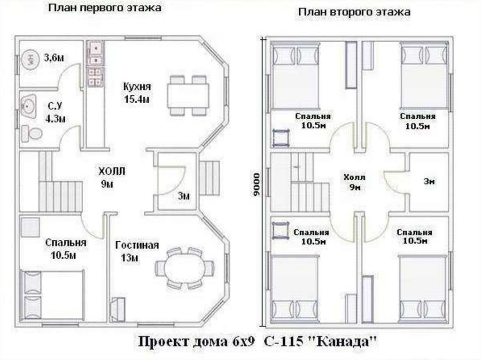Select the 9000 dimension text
(255, 184)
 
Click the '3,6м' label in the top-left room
(54, 58)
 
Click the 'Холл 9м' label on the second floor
(354, 182)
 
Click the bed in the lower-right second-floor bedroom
(422, 288)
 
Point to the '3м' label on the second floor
(429, 182)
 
